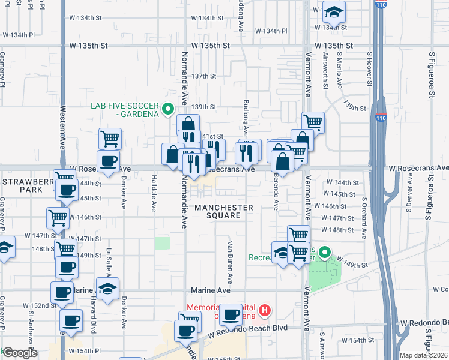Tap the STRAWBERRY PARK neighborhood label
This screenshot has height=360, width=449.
(22, 185)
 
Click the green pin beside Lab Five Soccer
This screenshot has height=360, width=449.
(169, 109)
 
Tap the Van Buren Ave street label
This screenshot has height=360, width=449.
(230, 262)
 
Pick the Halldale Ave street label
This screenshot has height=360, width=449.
(154, 197)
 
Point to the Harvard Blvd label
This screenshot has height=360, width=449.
(94, 314)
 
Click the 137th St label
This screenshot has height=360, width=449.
(204, 76)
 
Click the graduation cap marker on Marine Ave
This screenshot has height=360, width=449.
(107, 289)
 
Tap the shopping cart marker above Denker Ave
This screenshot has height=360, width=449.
(110, 139)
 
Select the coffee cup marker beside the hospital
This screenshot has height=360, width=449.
(231, 314)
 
